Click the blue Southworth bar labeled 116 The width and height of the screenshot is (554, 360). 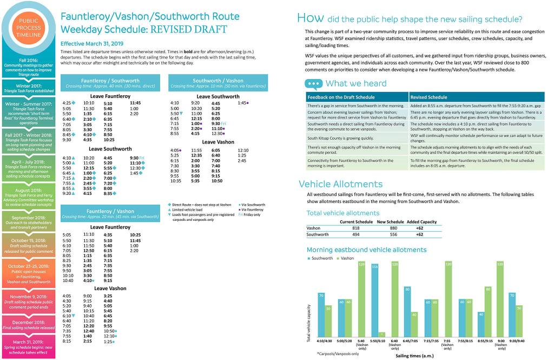tap(374, 300)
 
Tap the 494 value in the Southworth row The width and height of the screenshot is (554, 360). tap(349, 234)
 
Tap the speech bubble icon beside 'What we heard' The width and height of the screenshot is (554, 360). tap(314, 83)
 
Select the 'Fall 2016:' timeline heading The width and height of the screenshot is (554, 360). tap(28, 60)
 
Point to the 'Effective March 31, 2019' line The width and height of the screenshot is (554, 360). tap(92, 43)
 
